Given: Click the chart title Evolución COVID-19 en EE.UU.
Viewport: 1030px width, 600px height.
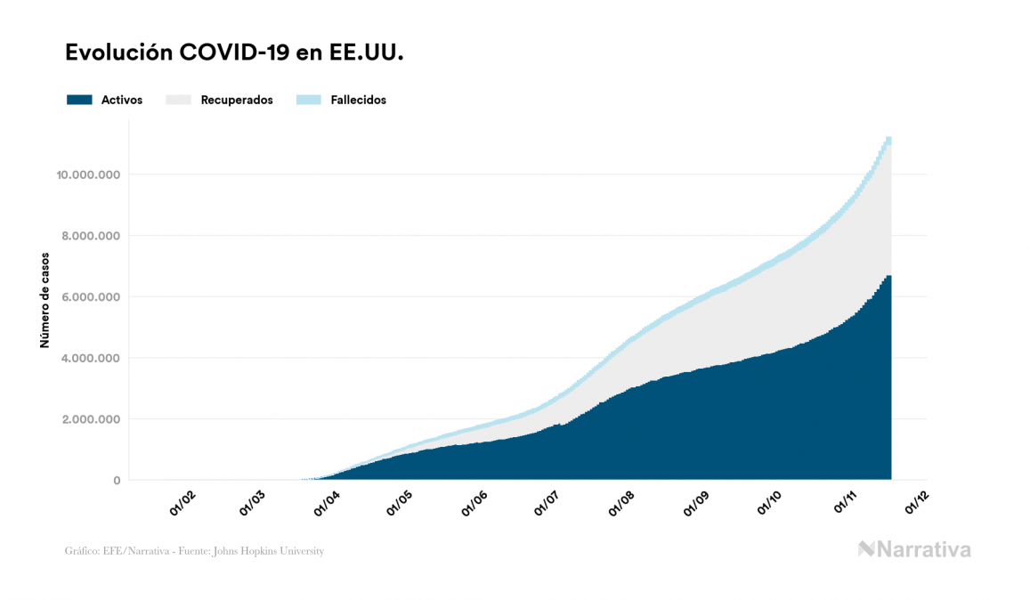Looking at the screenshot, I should [x=235, y=53].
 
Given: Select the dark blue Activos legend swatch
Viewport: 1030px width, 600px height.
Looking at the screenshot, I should [x=79, y=100].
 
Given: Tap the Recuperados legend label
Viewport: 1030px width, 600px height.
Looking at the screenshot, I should [x=237, y=100].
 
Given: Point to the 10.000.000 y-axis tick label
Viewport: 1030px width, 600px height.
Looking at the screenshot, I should [x=88, y=174].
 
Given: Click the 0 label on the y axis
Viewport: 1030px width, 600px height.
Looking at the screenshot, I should [x=117, y=481].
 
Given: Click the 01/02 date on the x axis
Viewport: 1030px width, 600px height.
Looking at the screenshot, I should [x=182, y=504].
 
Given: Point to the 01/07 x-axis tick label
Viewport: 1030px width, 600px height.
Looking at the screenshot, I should [x=547, y=504].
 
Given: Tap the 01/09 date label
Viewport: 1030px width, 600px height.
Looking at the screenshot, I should [x=695, y=504].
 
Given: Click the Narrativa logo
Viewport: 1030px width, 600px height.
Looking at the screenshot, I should [x=914, y=549].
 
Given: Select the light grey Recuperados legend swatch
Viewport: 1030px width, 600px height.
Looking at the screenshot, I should [x=179, y=100].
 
